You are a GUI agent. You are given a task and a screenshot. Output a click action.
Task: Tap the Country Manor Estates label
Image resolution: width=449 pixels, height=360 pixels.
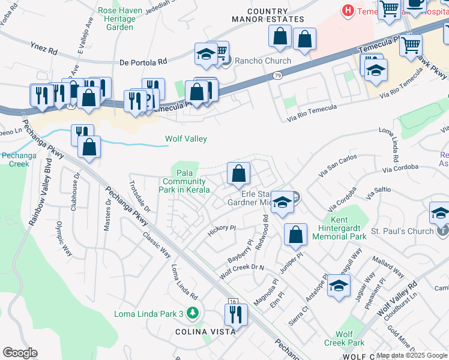267,16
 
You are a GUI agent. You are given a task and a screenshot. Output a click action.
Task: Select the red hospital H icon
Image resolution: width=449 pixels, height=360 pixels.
347,10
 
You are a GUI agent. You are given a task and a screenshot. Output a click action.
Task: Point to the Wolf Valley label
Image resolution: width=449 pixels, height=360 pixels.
186,139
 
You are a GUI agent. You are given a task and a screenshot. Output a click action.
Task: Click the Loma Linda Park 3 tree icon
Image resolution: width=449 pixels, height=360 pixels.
192,313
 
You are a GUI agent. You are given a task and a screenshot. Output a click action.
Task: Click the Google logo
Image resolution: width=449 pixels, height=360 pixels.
20,353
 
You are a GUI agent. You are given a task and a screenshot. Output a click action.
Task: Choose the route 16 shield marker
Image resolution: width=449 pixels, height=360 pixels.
233,302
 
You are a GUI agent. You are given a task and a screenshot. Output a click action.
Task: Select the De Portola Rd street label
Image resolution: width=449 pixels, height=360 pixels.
143,62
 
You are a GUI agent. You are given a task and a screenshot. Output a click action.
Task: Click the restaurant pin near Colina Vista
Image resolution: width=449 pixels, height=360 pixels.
236,314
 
